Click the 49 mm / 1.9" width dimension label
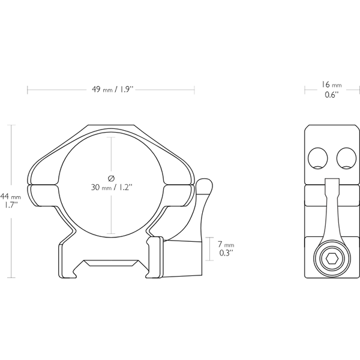pos(113,89)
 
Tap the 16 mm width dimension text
pos(331,85)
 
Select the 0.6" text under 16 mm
pos(332,95)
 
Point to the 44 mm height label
pos(11,197)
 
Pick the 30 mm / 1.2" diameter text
pos(112,187)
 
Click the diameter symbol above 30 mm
pos(111,178)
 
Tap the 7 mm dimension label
pos(226,244)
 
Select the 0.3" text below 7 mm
pos(226,253)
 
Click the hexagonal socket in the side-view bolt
pos(332,260)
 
